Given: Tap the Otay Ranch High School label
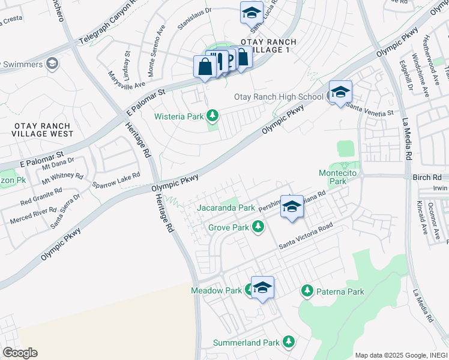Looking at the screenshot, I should point(279,97).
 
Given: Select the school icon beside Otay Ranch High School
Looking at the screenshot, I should point(340,92).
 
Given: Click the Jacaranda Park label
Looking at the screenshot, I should point(226,208).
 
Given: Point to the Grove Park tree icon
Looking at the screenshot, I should point(258,226).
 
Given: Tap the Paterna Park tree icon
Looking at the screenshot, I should point(307,291).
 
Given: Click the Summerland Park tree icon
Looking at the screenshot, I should point(289,341).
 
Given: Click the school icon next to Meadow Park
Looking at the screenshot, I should point(262,288).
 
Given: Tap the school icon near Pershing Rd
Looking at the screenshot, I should point(292,207).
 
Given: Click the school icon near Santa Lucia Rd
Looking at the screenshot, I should point(252,12).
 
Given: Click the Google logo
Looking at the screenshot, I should point(20,353).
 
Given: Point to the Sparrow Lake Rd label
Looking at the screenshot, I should point(116,179).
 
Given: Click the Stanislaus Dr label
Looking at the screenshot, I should point(194,19).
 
